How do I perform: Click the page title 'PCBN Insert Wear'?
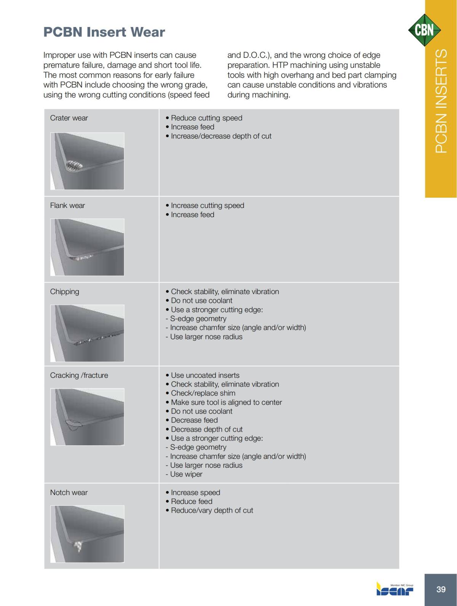tap(104, 32)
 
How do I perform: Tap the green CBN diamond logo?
tap(424, 30)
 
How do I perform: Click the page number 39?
tap(441, 589)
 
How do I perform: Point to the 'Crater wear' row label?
tap(69, 118)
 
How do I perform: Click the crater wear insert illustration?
tap(87, 161)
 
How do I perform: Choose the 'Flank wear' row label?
tap(67, 206)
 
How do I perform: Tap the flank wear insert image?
tap(87, 247)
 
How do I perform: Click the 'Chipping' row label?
tap(65, 292)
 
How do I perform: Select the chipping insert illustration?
tap(87, 333)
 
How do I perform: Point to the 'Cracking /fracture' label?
tap(79, 376)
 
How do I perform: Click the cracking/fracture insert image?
tap(87, 417)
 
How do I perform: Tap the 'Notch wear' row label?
tap(69, 492)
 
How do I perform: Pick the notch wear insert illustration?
tap(87, 534)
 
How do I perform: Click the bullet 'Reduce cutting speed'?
tap(206, 118)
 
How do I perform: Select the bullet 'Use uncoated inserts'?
tap(205, 376)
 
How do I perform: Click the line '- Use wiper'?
tap(184, 474)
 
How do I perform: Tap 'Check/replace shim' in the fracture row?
tap(203, 393)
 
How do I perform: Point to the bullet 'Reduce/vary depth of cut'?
tap(212, 510)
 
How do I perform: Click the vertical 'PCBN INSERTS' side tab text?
tap(441, 101)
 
